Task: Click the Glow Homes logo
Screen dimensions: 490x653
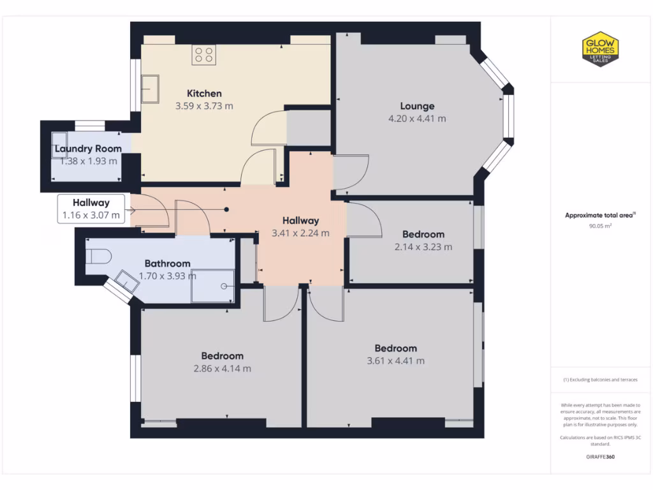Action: click(x=599, y=49)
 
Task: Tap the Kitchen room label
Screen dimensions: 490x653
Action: click(x=204, y=93)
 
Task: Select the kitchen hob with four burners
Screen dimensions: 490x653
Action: click(x=204, y=55)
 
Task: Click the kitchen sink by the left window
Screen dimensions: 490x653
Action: click(x=150, y=89)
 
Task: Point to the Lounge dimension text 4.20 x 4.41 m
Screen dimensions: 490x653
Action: click(x=417, y=118)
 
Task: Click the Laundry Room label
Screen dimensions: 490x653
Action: click(x=88, y=149)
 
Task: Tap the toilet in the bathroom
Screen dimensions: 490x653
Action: click(x=99, y=256)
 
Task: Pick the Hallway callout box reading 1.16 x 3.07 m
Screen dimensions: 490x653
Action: click(x=91, y=209)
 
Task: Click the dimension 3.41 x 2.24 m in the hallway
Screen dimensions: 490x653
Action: click(x=300, y=233)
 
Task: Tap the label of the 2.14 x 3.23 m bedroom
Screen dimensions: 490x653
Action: click(x=423, y=234)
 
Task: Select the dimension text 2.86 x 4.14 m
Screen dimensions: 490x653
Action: click(x=222, y=368)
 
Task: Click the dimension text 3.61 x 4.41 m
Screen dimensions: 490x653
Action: click(x=395, y=360)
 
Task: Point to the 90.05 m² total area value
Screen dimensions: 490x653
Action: click(x=599, y=226)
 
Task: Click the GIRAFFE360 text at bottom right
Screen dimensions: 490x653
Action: click(x=599, y=457)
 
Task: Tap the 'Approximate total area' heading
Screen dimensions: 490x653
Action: click(x=599, y=216)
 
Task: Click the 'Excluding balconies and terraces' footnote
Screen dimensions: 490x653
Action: click(x=599, y=380)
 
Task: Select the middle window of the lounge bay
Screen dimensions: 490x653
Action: click(x=508, y=118)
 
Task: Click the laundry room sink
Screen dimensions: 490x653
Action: click(x=59, y=141)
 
